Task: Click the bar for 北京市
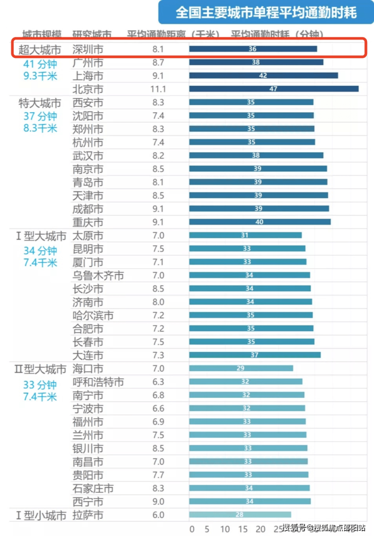[x=274, y=89]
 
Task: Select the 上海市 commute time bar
[x=263, y=75]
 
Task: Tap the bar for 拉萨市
[x=240, y=515]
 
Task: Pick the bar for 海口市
[x=241, y=368]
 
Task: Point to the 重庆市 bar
[x=260, y=222]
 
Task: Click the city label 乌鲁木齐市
[x=98, y=275]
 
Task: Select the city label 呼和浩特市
[x=98, y=382]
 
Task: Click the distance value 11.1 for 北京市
[x=158, y=89]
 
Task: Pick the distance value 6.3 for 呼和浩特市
[x=158, y=382]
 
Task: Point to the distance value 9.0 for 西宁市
[x=158, y=502]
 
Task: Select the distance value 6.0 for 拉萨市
[x=158, y=515]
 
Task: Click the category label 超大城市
[x=39, y=50]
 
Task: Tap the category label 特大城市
[x=39, y=103]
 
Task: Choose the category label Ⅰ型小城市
[x=40, y=515]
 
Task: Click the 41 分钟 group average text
[x=40, y=64]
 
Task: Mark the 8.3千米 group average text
[x=40, y=128]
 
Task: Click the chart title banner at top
[x=266, y=12]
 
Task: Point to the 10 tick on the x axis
[x=225, y=529]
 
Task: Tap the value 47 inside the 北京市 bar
[x=273, y=89]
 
